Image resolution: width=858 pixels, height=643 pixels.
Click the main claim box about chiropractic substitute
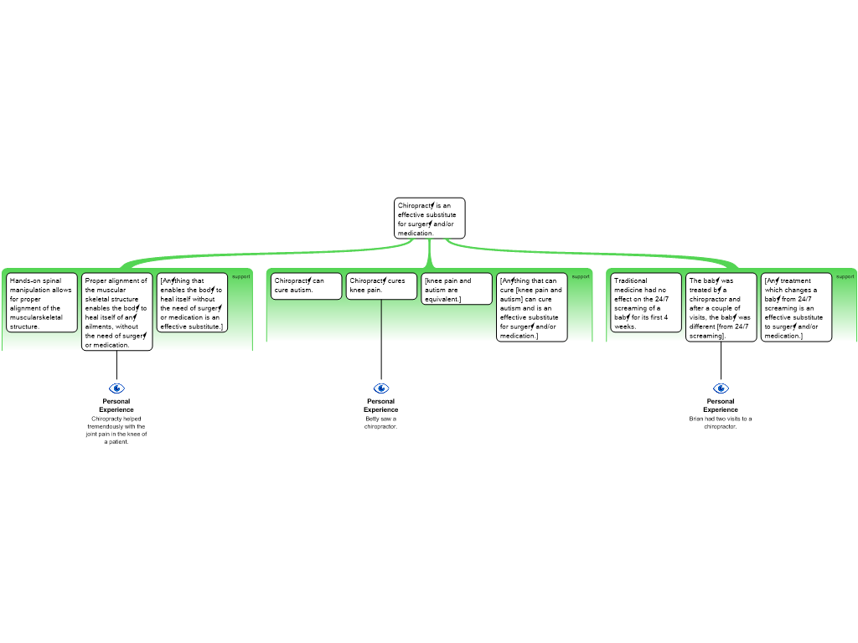[429, 219]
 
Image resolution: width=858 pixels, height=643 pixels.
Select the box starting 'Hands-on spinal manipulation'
[42, 303]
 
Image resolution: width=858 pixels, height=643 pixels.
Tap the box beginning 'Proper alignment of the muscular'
[116, 311]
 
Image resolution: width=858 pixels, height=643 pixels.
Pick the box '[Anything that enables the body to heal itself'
[192, 303]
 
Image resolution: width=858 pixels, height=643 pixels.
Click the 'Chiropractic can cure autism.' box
[306, 285]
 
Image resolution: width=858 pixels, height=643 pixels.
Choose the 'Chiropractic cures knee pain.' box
[381, 285]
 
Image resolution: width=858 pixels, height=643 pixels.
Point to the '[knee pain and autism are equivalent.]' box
[457, 289]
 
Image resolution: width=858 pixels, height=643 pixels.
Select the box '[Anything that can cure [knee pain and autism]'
[531, 307]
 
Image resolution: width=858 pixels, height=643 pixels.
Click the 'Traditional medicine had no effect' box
[646, 303]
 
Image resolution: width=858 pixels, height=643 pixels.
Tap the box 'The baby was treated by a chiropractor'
[721, 307]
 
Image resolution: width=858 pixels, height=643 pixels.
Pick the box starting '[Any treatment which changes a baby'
[796, 307]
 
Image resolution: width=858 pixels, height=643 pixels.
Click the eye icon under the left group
[116, 388]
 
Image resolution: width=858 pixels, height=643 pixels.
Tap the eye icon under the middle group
[381, 388]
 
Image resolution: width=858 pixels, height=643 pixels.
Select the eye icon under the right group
[721, 388]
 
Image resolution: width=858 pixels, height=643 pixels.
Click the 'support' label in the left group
[240, 276]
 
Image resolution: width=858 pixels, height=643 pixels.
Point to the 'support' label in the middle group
[581, 276]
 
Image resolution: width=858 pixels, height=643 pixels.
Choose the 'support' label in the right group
[845, 276]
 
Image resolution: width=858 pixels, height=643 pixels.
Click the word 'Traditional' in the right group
[630, 281]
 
